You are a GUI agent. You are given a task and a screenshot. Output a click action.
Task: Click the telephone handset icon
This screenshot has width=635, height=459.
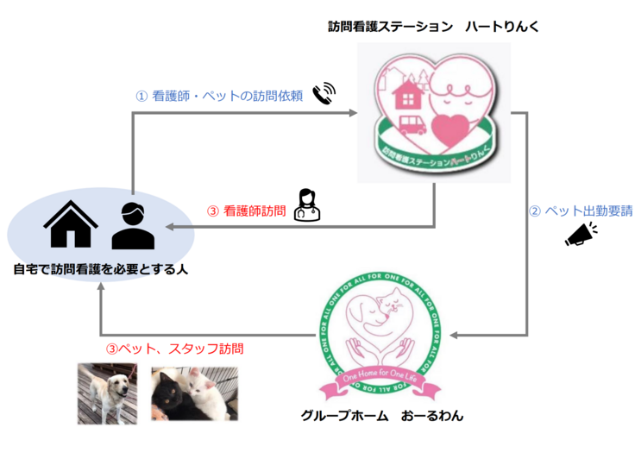[x=324, y=93]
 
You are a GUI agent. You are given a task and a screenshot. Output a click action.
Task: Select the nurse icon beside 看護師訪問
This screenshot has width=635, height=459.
[x=306, y=205]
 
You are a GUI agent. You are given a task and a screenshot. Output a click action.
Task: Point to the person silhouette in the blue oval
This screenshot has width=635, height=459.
[x=133, y=225]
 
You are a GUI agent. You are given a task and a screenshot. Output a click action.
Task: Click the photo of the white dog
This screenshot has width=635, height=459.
[x=107, y=392]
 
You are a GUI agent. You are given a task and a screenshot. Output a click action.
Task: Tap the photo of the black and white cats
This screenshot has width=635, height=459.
[x=194, y=393]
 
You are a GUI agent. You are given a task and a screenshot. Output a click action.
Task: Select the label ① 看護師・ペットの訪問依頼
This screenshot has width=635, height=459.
[x=219, y=97]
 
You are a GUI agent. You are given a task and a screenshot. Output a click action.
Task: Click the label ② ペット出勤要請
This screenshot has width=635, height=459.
[x=570, y=210]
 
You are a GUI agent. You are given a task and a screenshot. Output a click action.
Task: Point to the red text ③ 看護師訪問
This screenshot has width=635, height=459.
[x=246, y=210]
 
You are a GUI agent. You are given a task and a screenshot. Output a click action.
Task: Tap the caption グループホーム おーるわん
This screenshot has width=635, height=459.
[x=382, y=416]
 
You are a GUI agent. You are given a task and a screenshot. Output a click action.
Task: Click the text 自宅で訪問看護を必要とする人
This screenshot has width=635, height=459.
[x=101, y=269]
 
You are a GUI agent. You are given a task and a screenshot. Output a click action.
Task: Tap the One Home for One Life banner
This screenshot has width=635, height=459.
[x=381, y=375]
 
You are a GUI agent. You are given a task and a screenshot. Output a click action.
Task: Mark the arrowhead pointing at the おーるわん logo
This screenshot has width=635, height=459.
[x=456, y=335]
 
